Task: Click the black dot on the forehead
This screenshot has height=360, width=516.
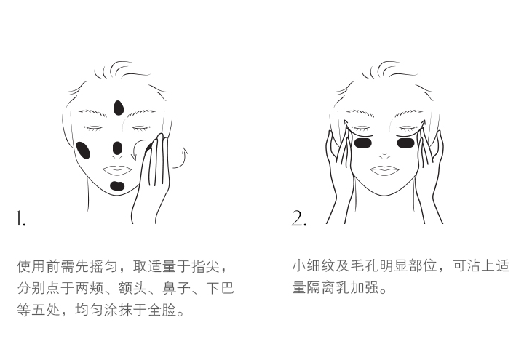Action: pyautogui.click(x=118, y=108)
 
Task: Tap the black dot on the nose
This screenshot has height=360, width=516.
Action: pyautogui.click(x=117, y=148)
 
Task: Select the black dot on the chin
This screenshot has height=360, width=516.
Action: pyautogui.click(x=117, y=186)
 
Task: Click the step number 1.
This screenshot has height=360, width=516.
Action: pyautogui.click(x=20, y=218)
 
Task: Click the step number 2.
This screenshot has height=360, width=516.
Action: pyautogui.click(x=298, y=218)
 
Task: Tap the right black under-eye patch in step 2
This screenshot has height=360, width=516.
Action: pyautogui.click(x=405, y=143)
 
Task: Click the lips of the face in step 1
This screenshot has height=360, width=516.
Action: pyautogui.click(x=116, y=169)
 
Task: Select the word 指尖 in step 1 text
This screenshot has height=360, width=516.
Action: pyautogui.click(x=208, y=267)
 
